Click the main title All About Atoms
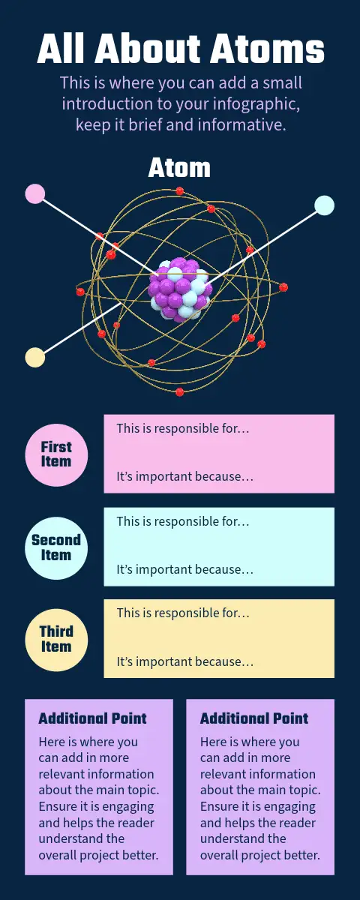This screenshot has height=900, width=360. tap(181, 49)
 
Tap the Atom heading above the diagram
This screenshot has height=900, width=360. tap(179, 168)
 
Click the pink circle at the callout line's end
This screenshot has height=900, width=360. tap(35, 193)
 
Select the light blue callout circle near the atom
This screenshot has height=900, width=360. tap(324, 205)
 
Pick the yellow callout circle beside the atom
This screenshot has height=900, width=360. tap(35, 357)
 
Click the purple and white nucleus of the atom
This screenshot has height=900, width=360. tap(180, 290)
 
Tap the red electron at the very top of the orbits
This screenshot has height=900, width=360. tap(180, 190)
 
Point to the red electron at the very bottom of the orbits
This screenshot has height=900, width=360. tap(180, 391)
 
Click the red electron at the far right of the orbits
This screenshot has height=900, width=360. tap(283, 286)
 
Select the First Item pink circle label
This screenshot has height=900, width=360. tap(56, 454)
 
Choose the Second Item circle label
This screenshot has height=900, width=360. tap(56, 547)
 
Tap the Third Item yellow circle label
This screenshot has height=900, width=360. tap(56, 640)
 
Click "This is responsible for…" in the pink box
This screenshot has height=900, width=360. tap(183, 428)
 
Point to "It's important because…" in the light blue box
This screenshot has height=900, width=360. tap(185, 569)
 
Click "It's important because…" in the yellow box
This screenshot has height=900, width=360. tap(185, 661)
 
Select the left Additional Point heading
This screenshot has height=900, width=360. tap(92, 718)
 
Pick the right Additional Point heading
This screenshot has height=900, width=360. tap(254, 718)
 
